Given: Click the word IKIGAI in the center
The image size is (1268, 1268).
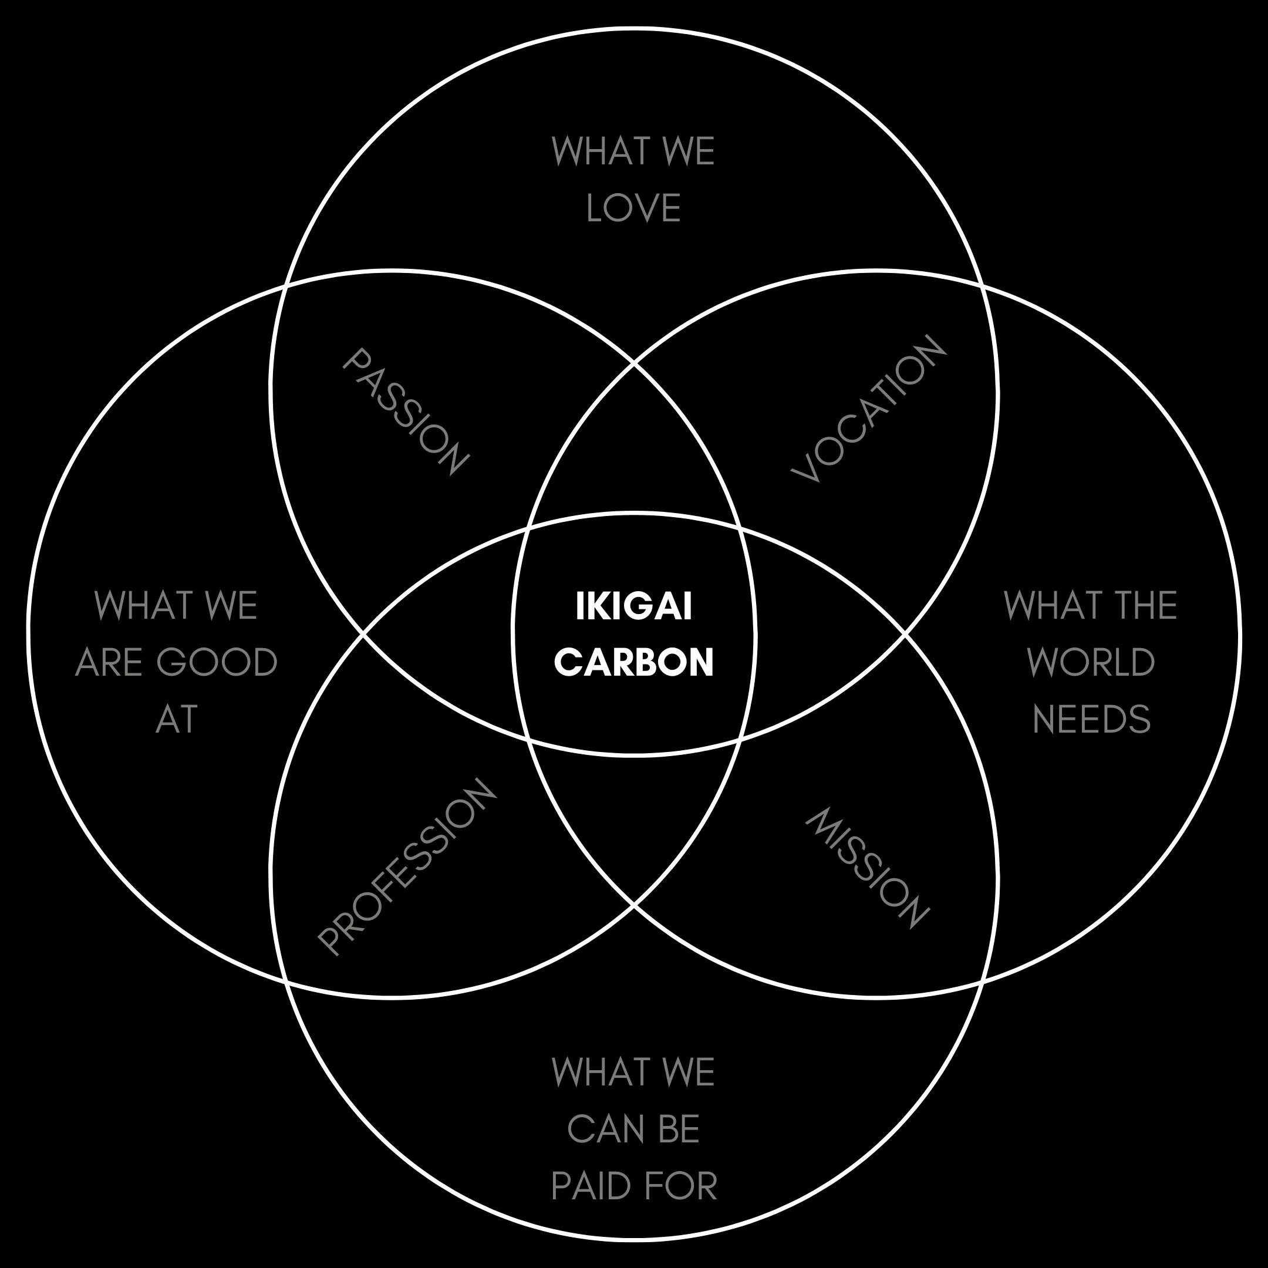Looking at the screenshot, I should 633,606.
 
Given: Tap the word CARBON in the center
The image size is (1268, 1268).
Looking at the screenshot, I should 633,662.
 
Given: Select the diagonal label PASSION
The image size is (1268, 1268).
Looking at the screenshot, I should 406,412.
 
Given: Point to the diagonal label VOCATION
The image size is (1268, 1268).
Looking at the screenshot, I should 868,408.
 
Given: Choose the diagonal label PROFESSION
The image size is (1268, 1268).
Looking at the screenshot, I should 406,866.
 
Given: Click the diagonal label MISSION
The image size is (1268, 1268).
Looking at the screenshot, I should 867,868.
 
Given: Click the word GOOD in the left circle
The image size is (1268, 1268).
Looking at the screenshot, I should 217,662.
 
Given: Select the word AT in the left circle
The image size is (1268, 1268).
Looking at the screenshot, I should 177,719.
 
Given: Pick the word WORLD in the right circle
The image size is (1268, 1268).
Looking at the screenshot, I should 1091,662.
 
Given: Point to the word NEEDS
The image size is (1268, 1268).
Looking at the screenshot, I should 1091,719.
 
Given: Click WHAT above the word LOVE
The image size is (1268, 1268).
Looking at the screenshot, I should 600,151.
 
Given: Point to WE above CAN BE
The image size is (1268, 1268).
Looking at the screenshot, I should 689,1073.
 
